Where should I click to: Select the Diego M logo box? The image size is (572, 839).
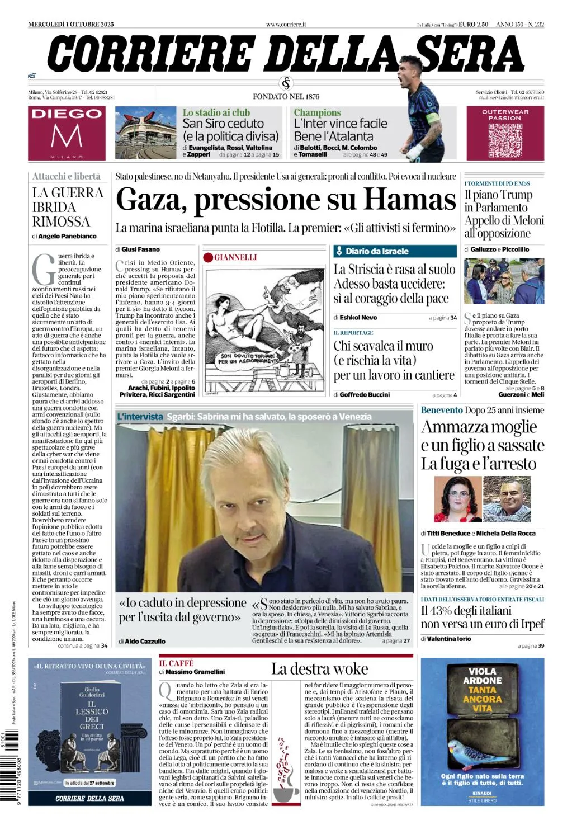click(67, 133)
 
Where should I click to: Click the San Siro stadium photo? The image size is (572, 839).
click(146, 133)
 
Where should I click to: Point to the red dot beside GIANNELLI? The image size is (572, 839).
click(209, 257)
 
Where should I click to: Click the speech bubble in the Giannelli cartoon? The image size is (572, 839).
click(249, 359)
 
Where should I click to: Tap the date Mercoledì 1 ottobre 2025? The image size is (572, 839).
click(71, 25)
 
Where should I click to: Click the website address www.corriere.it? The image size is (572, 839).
click(286, 25)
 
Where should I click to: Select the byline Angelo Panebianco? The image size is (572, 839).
click(67, 237)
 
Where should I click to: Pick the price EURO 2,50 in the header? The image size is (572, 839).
click(473, 25)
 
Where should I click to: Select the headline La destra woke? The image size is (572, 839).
click(319, 670)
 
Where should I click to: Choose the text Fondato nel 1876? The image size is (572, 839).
click(286, 96)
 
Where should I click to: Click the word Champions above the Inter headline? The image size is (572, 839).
click(317, 112)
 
